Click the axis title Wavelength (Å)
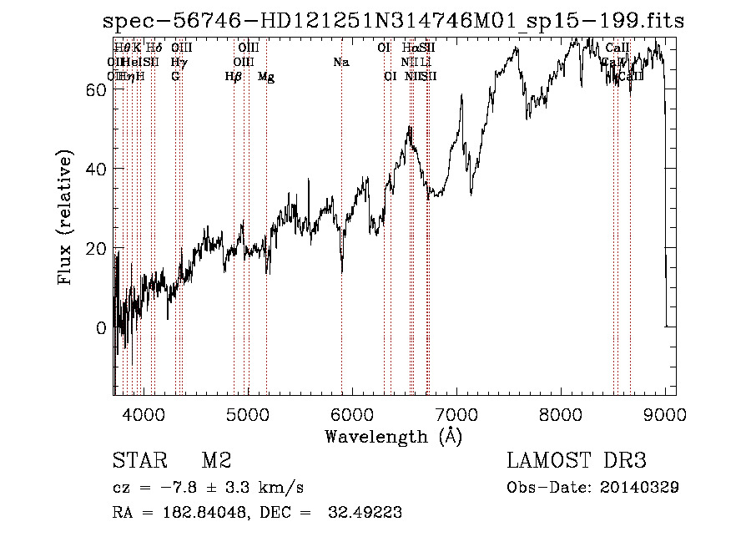[x=393, y=436]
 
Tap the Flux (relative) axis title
[x=65, y=217]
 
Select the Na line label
[x=340, y=62]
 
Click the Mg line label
[x=266, y=77]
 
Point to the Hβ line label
[x=234, y=77]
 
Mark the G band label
[x=175, y=77]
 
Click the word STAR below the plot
[x=138, y=462]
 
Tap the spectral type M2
[x=216, y=462]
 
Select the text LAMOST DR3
[x=576, y=462]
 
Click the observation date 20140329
[x=643, y=488]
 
